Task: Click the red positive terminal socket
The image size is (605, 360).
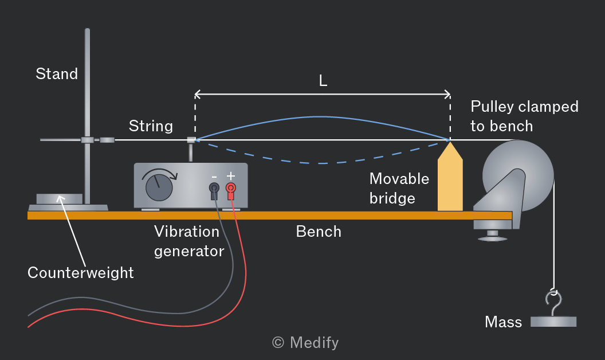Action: tap(231, 189)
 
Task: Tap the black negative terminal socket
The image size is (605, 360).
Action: tap(214, 189)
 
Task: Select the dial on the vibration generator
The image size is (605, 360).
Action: tap(159, 187)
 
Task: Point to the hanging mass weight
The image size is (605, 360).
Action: tap(553, 322)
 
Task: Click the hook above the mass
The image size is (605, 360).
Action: tap(553, 303)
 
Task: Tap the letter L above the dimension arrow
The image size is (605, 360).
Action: tap(323, 81)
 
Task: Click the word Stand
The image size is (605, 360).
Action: tap(57, 74)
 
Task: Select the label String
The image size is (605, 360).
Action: tap(151, 126)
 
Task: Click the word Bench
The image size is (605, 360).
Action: tap(319, 232)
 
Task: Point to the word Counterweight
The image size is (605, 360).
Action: tap(81, 273)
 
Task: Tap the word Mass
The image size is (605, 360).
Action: tap(503, 322)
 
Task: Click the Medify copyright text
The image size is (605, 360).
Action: tap(305, 343)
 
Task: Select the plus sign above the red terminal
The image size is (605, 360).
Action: tap(231, 176)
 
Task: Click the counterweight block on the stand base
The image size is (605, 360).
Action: tap(60, 199)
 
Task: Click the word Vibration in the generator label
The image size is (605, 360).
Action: tap(187, 232)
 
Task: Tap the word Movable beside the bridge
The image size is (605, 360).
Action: tap(399, 179)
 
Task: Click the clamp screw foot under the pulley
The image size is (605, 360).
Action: tap(492, 236)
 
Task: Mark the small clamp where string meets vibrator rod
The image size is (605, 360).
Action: tap(191, 140)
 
